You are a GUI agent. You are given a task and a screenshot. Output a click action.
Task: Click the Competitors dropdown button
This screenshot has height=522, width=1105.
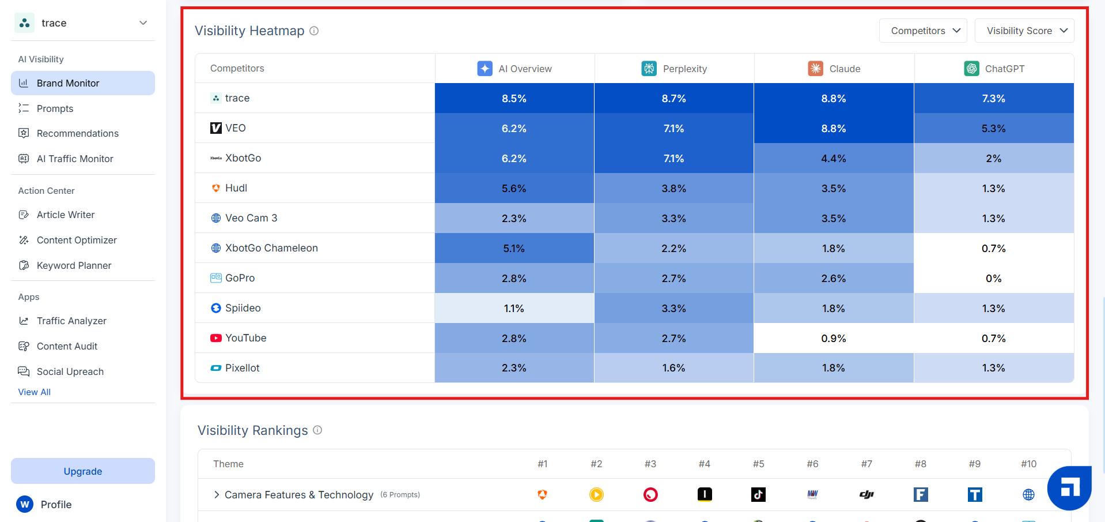click(x=923, y=31)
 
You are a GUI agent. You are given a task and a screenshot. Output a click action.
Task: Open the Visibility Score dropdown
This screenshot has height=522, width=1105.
click(x=1024, y=31)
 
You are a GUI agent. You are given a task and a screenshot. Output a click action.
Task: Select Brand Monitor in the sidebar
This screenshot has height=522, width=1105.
click(x=83, y=83)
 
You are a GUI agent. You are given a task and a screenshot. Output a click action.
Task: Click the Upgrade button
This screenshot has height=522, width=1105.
click(x=83, y=471)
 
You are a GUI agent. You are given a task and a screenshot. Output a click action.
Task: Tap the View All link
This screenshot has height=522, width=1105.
click(x=35, y=392)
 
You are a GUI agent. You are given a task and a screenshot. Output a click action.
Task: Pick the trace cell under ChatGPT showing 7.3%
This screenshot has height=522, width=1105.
click(x=994, y=98)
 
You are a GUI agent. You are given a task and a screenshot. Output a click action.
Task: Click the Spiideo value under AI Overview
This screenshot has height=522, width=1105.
click(x=514, y=308)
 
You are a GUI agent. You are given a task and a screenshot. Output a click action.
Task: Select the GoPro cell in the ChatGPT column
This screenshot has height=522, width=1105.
click(x=994, y=278)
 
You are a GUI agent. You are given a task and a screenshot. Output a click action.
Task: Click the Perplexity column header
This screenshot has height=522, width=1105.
click(x=674, y=69)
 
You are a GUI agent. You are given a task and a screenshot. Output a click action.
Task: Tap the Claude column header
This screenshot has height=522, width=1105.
click(x=834, y=69)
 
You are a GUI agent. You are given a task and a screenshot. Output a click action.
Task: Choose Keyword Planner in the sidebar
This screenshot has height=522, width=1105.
click(x=74, y=265)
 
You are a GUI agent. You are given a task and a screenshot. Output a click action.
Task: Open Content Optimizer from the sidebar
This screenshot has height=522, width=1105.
click(x=77, y=240)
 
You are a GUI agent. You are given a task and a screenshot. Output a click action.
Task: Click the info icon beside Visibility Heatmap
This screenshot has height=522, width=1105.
click(x=314, y=31)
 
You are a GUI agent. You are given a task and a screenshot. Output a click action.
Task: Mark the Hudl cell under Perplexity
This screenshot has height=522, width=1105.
click(x=674, y=188)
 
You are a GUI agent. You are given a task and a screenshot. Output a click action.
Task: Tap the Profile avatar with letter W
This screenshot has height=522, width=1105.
click(x=25, y=504)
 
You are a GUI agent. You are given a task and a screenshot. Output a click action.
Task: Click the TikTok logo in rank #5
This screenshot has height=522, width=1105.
click(x=758, y=494)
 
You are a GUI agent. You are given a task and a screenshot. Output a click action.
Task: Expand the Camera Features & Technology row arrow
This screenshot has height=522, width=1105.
click(x=217, y=494)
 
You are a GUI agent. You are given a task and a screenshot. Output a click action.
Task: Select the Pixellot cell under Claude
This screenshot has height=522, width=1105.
click(x=834, y=368)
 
